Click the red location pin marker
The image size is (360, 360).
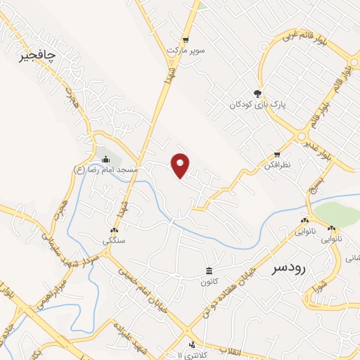[x=181, y=165]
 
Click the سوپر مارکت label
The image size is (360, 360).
[x=185, y=51]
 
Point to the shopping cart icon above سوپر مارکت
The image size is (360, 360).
[x=186, y=40]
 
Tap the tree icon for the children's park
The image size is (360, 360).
[x=258, y=93]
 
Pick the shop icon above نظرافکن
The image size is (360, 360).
[x=278, y=154]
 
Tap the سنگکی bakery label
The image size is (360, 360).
[x=114, y=240]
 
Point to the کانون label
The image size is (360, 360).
[x=209, y=282]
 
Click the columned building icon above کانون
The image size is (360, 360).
[x=209, y=271]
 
